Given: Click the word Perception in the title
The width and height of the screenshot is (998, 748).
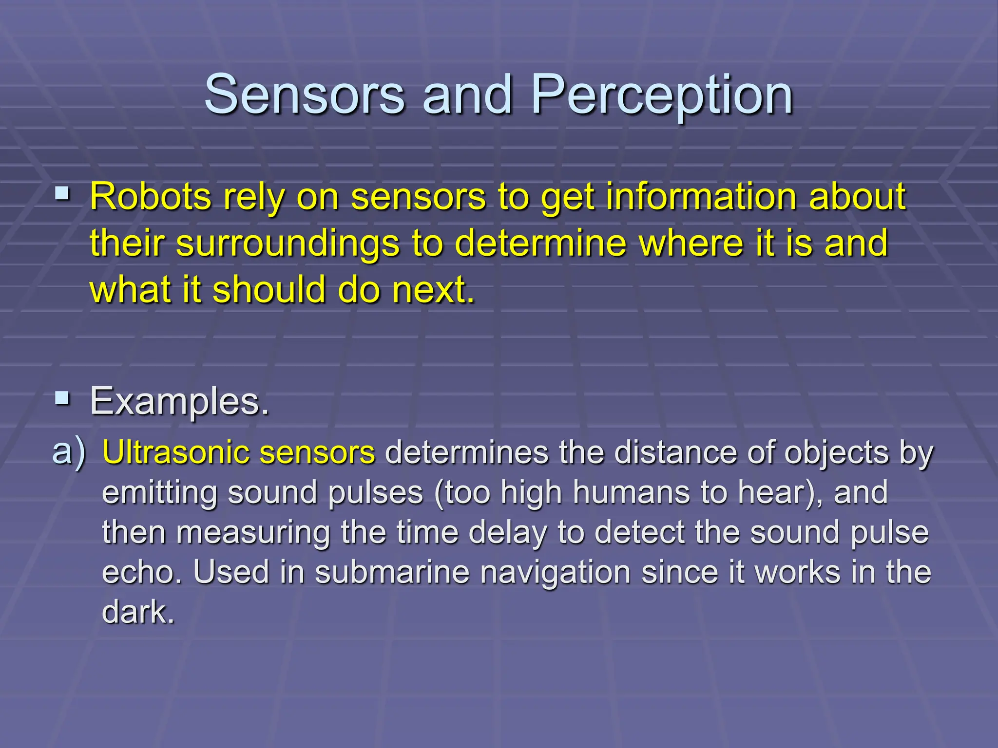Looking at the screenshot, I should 662,96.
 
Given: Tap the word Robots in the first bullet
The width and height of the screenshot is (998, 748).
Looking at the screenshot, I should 151,197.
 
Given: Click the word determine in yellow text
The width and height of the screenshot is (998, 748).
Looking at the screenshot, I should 540,243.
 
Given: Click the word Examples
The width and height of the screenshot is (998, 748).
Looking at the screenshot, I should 179,402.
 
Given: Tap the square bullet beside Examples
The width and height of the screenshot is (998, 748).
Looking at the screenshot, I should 62,399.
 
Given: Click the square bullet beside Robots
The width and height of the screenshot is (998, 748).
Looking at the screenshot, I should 62,195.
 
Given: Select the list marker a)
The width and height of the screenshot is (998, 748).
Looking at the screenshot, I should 69,452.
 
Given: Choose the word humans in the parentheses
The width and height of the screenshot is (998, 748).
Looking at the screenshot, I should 631,493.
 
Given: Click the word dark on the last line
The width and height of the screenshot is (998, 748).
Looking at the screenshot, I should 137,612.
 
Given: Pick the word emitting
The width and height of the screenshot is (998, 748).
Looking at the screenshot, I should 159,493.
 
